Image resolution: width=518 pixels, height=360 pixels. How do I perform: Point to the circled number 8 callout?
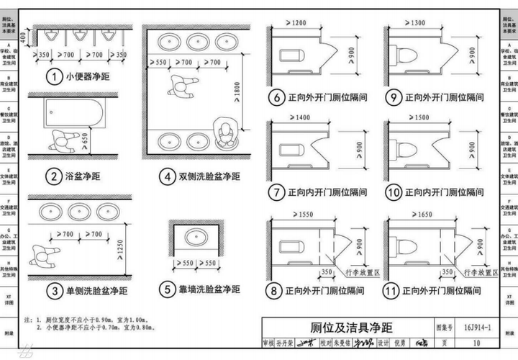click(x=273, y=290)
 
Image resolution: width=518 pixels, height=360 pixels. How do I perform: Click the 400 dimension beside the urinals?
click(x=24, y=35)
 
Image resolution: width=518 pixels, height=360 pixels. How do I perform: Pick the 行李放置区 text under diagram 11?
click(x=482, y=274)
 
